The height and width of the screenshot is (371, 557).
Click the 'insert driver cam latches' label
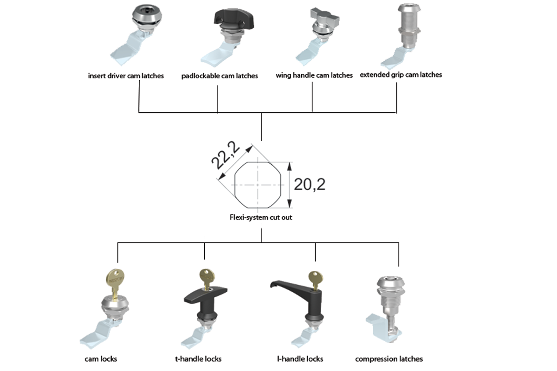(x=126, y=76)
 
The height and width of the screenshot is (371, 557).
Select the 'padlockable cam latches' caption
(x=220, y=76)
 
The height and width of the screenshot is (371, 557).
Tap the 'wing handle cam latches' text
(x=314, y=75)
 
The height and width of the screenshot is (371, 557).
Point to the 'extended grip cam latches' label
(x=401, y=74)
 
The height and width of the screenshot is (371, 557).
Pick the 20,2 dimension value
(x=310, y=185)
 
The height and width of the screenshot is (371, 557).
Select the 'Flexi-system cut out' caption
(x=262, y=217)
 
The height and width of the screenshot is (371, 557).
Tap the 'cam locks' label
(x=101, y=359)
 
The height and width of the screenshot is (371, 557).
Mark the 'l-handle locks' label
(x=300, y=359)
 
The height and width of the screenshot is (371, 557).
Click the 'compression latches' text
(x=389, y=359)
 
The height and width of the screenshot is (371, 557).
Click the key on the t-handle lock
(x=206, y=277)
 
